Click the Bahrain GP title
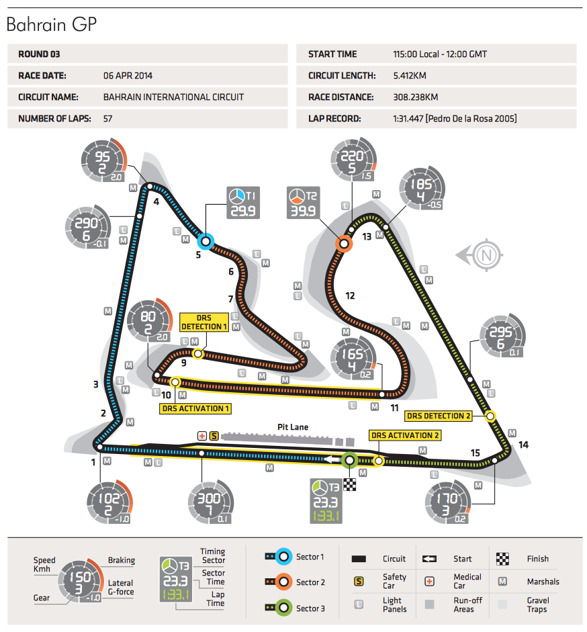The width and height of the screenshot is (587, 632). coord(52,26)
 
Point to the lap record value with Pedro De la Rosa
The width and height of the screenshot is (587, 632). coord(455,119)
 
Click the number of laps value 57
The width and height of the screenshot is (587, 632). coord(109,119)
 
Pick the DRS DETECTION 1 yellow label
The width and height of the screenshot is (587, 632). coord(204,322)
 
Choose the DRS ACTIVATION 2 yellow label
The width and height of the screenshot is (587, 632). coord(406,435)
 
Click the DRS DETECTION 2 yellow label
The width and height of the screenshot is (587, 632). coord(439,416)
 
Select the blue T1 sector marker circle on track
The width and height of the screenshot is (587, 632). coord(206,240)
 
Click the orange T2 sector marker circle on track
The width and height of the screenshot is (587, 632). coord(344,244)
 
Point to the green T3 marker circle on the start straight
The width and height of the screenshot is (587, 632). coord(349,461)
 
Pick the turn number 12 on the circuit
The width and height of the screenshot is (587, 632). coord(350,296)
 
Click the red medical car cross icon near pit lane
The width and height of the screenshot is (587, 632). coord(201,436)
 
